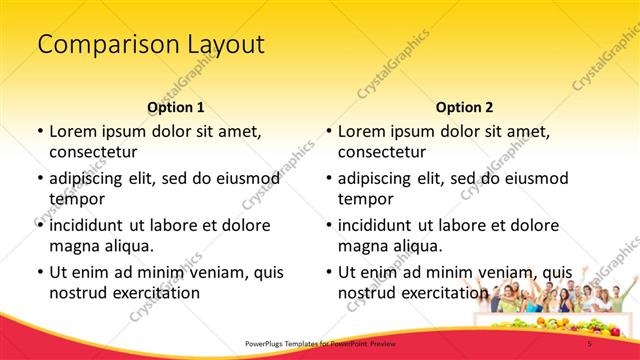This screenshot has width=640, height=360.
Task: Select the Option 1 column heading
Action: coord(176,107)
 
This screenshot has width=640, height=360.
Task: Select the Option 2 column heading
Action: coord(464,107)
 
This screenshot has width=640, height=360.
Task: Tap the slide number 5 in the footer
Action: coord(590,344)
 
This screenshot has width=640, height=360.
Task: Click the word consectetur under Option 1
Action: coord(93,152)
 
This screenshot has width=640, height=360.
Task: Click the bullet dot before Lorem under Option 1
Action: coord(39,132)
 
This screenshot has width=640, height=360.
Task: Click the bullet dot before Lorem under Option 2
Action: coord(328,132)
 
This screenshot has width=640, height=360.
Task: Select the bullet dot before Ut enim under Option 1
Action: coord(39,272)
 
